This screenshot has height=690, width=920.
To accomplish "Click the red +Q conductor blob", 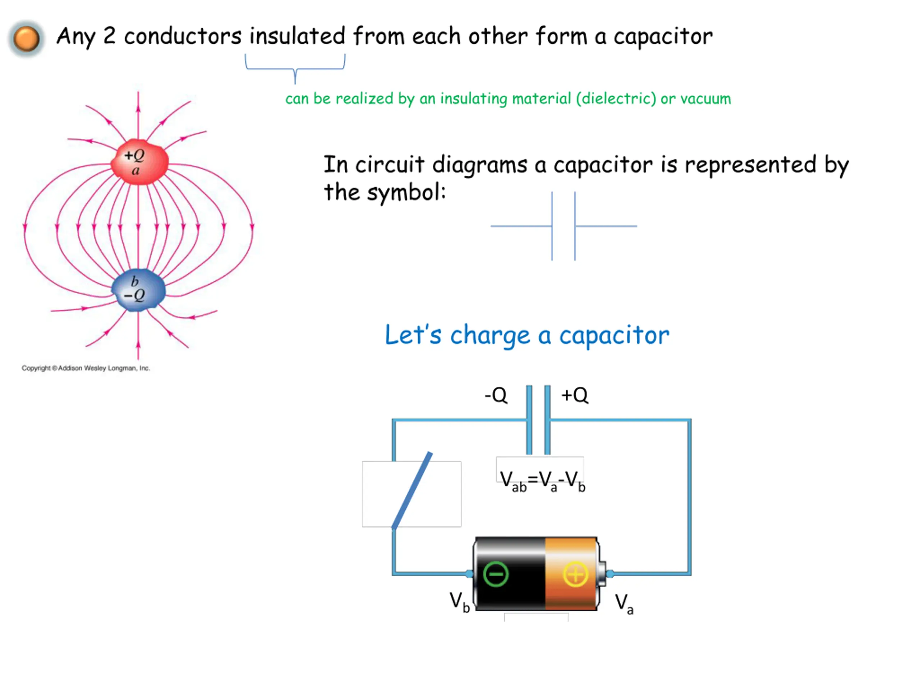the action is pyautogui.click(x=139, y=162).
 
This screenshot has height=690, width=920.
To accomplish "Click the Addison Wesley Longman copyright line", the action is pyautogui.click(x=86, y=368).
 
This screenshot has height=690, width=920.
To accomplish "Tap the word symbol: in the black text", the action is pyautogui.click(x=406, y=193).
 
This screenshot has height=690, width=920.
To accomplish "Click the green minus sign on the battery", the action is pyautogui.click(x=496, y=574).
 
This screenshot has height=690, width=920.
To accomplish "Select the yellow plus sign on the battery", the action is pyautogui.click(x=575, y=574).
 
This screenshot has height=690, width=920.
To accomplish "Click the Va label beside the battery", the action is pyautogui.click(x=624, y=603).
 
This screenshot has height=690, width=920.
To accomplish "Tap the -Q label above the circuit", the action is pyautogui.click(x=496, y=395).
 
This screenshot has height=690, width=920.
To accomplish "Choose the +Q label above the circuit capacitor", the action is pyautogui.click(x=575, y=395).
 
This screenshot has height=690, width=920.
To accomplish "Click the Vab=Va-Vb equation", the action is pyautogui.click(x=542, y=482).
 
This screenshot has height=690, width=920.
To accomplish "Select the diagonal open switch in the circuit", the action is pyautogui.click(x=412, y=490).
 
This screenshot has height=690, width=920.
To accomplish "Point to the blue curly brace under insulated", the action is pyautogui.click(x=295, y=68).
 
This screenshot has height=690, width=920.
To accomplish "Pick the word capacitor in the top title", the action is pyautogui.click(x=663, y=37).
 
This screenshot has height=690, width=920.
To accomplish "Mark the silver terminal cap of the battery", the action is pyautogui.click(x=601, y=574).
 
